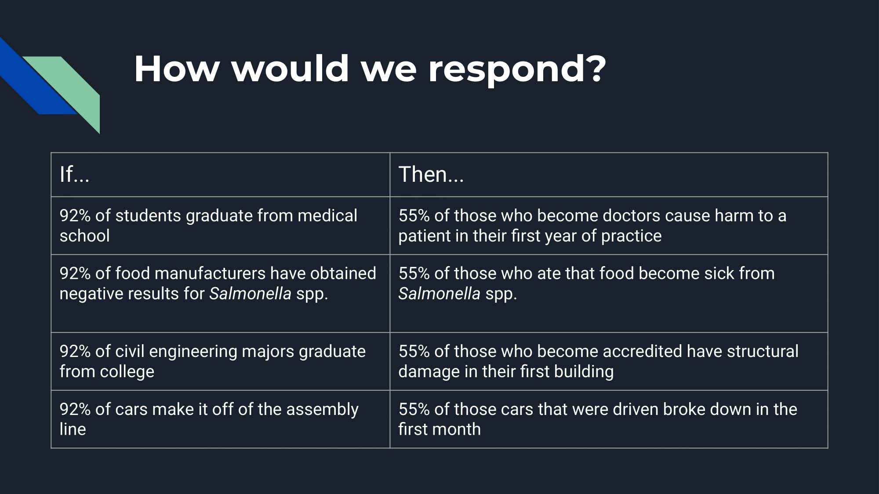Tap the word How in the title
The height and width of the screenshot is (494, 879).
tap(176, 69)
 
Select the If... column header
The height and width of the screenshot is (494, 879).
tap(74, 174)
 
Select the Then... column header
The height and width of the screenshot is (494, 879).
tap(431, 174)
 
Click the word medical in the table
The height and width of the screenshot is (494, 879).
tap(327, 216)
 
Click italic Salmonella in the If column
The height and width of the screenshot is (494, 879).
tap(250, 294)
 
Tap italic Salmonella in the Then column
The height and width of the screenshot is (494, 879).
tap(439, 294)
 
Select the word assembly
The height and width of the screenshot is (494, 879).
tap(322, 410)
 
